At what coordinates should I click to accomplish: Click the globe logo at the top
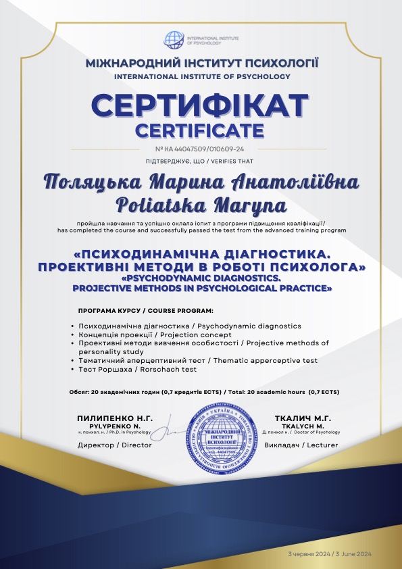point(174,40)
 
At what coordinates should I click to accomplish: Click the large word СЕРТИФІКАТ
point(201,107)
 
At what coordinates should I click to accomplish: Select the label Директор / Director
point(115,445)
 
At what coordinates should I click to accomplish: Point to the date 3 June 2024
point(358,554)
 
